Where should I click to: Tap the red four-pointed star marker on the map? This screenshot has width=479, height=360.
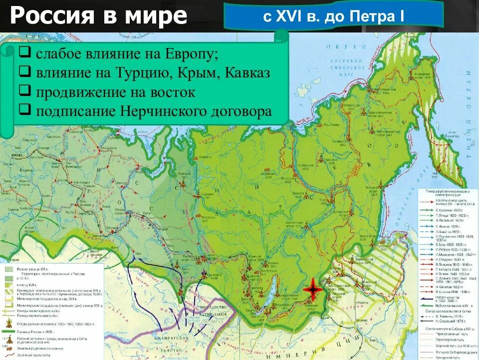point(312,289)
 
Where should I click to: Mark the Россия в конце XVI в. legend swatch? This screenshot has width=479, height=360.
point(9,269)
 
